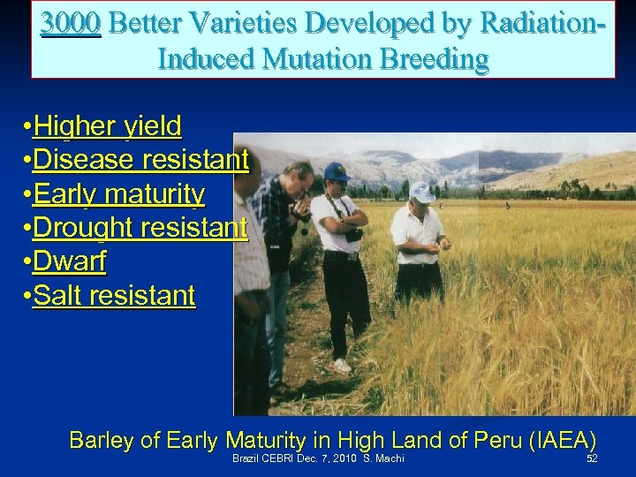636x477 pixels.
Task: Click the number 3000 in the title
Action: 71,22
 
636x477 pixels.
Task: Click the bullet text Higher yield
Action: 107,127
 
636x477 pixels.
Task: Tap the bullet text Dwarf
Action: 68,261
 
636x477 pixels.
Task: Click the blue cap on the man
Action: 335,171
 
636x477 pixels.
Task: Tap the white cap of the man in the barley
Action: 421,191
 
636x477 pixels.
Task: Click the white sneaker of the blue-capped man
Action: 341,365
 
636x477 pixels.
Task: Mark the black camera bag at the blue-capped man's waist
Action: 353,235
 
